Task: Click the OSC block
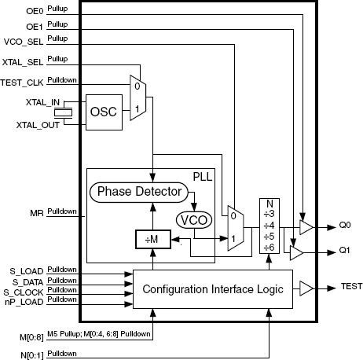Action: click(x=104, y=112)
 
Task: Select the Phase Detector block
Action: click(x=139, y=193)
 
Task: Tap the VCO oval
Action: click(x=194, y=220)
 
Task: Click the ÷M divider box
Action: click(x=153, y=239)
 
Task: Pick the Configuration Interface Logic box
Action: click(x=213, y=289)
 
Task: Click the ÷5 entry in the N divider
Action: click(x=269, y=237)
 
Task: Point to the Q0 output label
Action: click(x=345, y=225)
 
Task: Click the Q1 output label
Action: click(x=344, y=250)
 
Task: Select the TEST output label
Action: click(x=351, y=286)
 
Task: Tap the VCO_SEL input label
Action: click(x=24, y=42)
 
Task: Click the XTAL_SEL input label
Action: click(x=23, y=62)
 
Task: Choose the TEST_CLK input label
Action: click(x=22, y=83)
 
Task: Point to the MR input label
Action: click(x=37, y=213)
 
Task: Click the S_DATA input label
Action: click(x=27, y=282)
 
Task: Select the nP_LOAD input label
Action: click(x=24, y=302)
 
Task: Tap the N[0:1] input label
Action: click(x=32, y=355)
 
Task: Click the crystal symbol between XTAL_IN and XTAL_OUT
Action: click(x=63, y=113)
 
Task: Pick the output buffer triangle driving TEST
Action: click(x=306, y=288)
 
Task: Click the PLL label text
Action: click(x=203, y=177)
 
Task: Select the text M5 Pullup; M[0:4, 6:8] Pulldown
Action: click(x=99, y=334)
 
